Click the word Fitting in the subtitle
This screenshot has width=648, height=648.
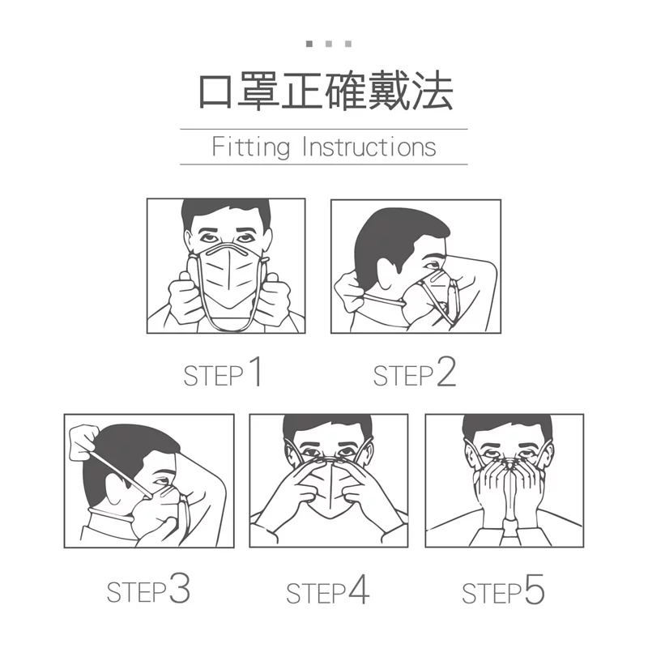(x=250, y=147)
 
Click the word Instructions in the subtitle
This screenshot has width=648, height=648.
(x=369, y=147)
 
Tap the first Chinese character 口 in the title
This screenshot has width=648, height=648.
(x=215, y=92)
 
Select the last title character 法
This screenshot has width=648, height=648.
(x=433, y=91)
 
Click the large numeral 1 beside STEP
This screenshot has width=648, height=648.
(x=256, y=371)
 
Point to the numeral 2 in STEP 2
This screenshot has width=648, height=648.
(x=446, y=372)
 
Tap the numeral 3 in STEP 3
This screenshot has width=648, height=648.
(x=180, y=588)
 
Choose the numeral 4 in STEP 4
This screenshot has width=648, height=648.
(x=359, y=589)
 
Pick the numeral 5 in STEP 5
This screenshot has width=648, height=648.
(x=535, y=589)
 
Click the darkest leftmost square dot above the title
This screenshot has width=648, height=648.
(x=309, y=44)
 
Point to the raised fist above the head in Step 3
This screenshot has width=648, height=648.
(x=83, y=442)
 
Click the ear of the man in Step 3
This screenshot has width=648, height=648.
(x=116, y=490)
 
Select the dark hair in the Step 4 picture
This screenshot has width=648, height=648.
(x=328, y=427)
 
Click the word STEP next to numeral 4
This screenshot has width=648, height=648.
(x=316, y=593)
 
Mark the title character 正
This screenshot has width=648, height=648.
(x=302, y=91)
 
